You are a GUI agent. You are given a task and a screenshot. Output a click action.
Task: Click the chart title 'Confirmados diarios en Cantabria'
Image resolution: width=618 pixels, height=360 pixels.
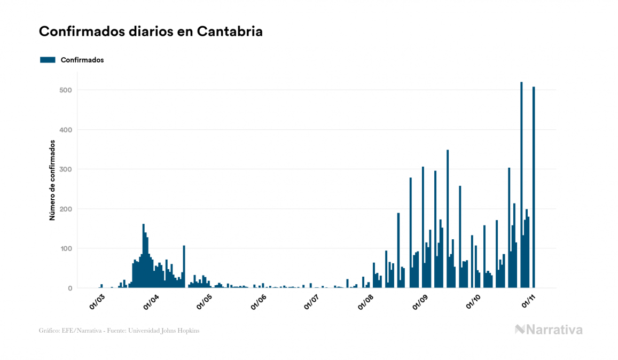[151, 32]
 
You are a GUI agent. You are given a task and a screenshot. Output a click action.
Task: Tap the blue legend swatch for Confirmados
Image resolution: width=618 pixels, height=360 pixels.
[48, 60]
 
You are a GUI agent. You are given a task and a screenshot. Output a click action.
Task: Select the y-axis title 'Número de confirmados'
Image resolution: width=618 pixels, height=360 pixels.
[52, 181]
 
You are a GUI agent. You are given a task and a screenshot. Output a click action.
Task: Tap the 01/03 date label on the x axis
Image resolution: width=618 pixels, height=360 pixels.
[97, 302]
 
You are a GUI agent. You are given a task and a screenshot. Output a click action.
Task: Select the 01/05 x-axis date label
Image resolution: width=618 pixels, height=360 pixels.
[205, 302]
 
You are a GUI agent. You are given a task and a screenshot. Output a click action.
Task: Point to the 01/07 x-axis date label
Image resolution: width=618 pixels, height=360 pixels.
[311, 302]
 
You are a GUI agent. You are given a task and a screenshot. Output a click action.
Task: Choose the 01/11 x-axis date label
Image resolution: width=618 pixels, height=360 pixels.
[528, 302]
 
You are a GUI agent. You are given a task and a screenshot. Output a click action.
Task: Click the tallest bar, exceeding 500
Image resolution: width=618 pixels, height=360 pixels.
[521, 185]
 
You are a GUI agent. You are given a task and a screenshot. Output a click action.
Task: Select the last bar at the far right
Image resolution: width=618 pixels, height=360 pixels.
[534, 187]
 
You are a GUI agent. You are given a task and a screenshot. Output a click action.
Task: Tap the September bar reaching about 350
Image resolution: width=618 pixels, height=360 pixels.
[448, 219]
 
